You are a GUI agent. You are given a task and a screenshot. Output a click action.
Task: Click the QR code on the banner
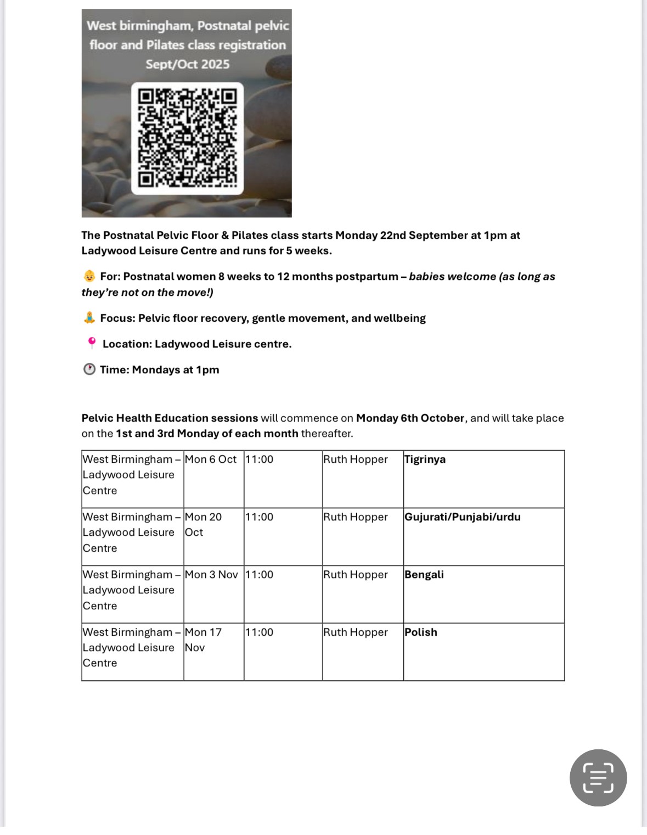(187, 138)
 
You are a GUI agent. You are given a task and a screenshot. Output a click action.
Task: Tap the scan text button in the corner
(598, 777)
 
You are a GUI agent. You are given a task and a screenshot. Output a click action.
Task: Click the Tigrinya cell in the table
(425, 459)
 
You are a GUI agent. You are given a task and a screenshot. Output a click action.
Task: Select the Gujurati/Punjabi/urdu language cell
(462, 517)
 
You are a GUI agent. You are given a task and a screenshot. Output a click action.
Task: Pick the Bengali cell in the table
(424, 575)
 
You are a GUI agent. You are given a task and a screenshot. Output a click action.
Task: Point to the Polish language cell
(420, 632)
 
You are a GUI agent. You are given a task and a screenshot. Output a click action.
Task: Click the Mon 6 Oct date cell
(211, 459)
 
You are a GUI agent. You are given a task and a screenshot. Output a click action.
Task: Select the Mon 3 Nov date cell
(211, 575)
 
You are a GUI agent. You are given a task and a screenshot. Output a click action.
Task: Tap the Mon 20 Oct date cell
(203, 524)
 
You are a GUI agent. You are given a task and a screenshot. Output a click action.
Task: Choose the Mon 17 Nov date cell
(203, 640)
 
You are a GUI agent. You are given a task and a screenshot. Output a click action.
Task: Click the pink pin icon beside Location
(92, 343)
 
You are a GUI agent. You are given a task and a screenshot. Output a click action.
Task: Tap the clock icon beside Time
(89, 369)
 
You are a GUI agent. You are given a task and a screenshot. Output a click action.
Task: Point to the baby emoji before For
(89, 276)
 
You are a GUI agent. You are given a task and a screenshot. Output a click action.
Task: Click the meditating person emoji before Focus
(89, 318)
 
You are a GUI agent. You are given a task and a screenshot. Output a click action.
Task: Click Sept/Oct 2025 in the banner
(187, 64)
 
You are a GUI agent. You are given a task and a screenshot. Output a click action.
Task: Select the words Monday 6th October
(410, 418)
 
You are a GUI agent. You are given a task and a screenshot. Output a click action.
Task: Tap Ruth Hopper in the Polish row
(355, 632)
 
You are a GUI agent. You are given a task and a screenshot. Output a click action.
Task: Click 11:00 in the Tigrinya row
(259, 459)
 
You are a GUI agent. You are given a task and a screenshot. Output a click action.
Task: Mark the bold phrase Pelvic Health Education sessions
(170, 418)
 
